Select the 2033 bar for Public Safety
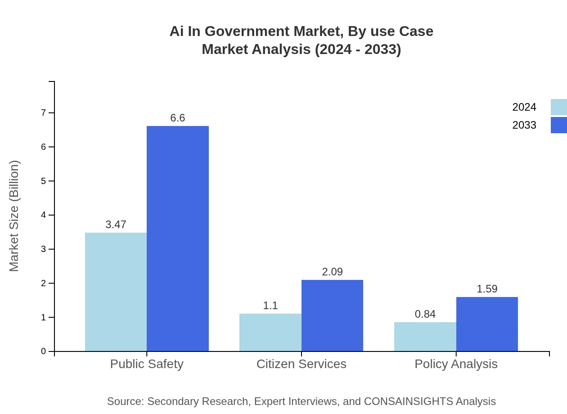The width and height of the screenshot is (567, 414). coord(178,238)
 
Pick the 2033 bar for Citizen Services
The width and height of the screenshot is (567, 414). coord(332,315)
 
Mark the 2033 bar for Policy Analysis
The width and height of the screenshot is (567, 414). coord(487,324)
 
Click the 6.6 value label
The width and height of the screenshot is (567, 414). coord(178,118)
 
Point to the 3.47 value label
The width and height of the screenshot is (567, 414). coord(116,225)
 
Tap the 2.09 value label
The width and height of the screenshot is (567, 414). coord(332,272)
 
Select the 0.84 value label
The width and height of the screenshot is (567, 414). coord(425,314)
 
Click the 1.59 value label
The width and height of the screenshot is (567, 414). coord(487,289)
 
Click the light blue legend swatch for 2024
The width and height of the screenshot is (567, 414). coord(558,107)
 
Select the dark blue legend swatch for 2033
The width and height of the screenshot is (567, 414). coord(558,125)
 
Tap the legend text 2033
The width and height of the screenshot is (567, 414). coord(524,125)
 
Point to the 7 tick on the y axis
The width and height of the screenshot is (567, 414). coord(44,112)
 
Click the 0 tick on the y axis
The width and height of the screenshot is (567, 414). coord(44,351)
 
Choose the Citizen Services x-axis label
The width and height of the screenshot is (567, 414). coord(301,364)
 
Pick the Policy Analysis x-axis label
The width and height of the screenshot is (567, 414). coord(456,364)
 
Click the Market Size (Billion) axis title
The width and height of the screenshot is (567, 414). coord(14,216)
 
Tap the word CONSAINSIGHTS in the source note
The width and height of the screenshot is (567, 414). coord(408,401)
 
